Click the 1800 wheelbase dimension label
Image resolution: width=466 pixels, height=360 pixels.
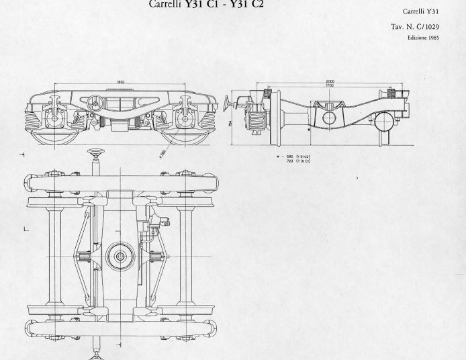[121, 82]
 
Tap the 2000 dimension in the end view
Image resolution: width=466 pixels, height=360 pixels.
[330, 81]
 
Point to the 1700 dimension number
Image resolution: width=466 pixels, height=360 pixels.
[330, 86]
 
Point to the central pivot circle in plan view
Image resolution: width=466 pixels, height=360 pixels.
[121, 255]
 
